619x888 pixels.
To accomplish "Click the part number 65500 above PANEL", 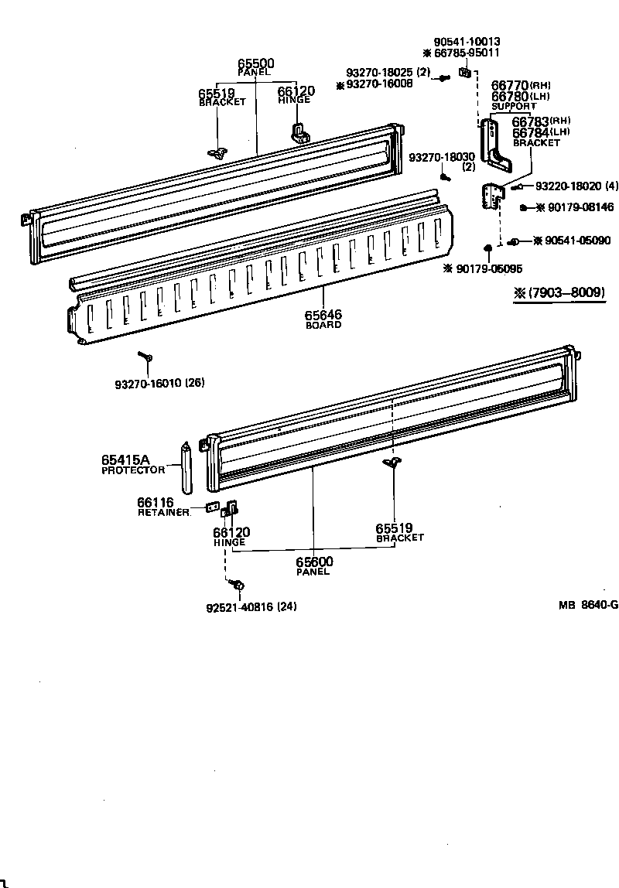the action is pyautogui.click(x=255, y=63).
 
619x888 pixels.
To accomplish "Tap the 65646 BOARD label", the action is pyautogui.click(x=323, y=316).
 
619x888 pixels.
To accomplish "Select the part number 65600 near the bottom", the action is pyautogui.click(x=313, y=562).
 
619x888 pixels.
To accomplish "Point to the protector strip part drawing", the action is pyautogui.click(x=186, y=467).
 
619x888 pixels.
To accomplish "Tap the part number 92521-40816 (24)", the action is pyautogui.click(x=251, y=606).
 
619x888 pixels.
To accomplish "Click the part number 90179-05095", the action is pyautogui.click(x=489, y=268).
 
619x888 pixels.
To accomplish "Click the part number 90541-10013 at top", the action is pyautogui.click(x=467, y=42).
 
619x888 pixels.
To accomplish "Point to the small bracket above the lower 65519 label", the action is pyautogui.click(x=392, y=463).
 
